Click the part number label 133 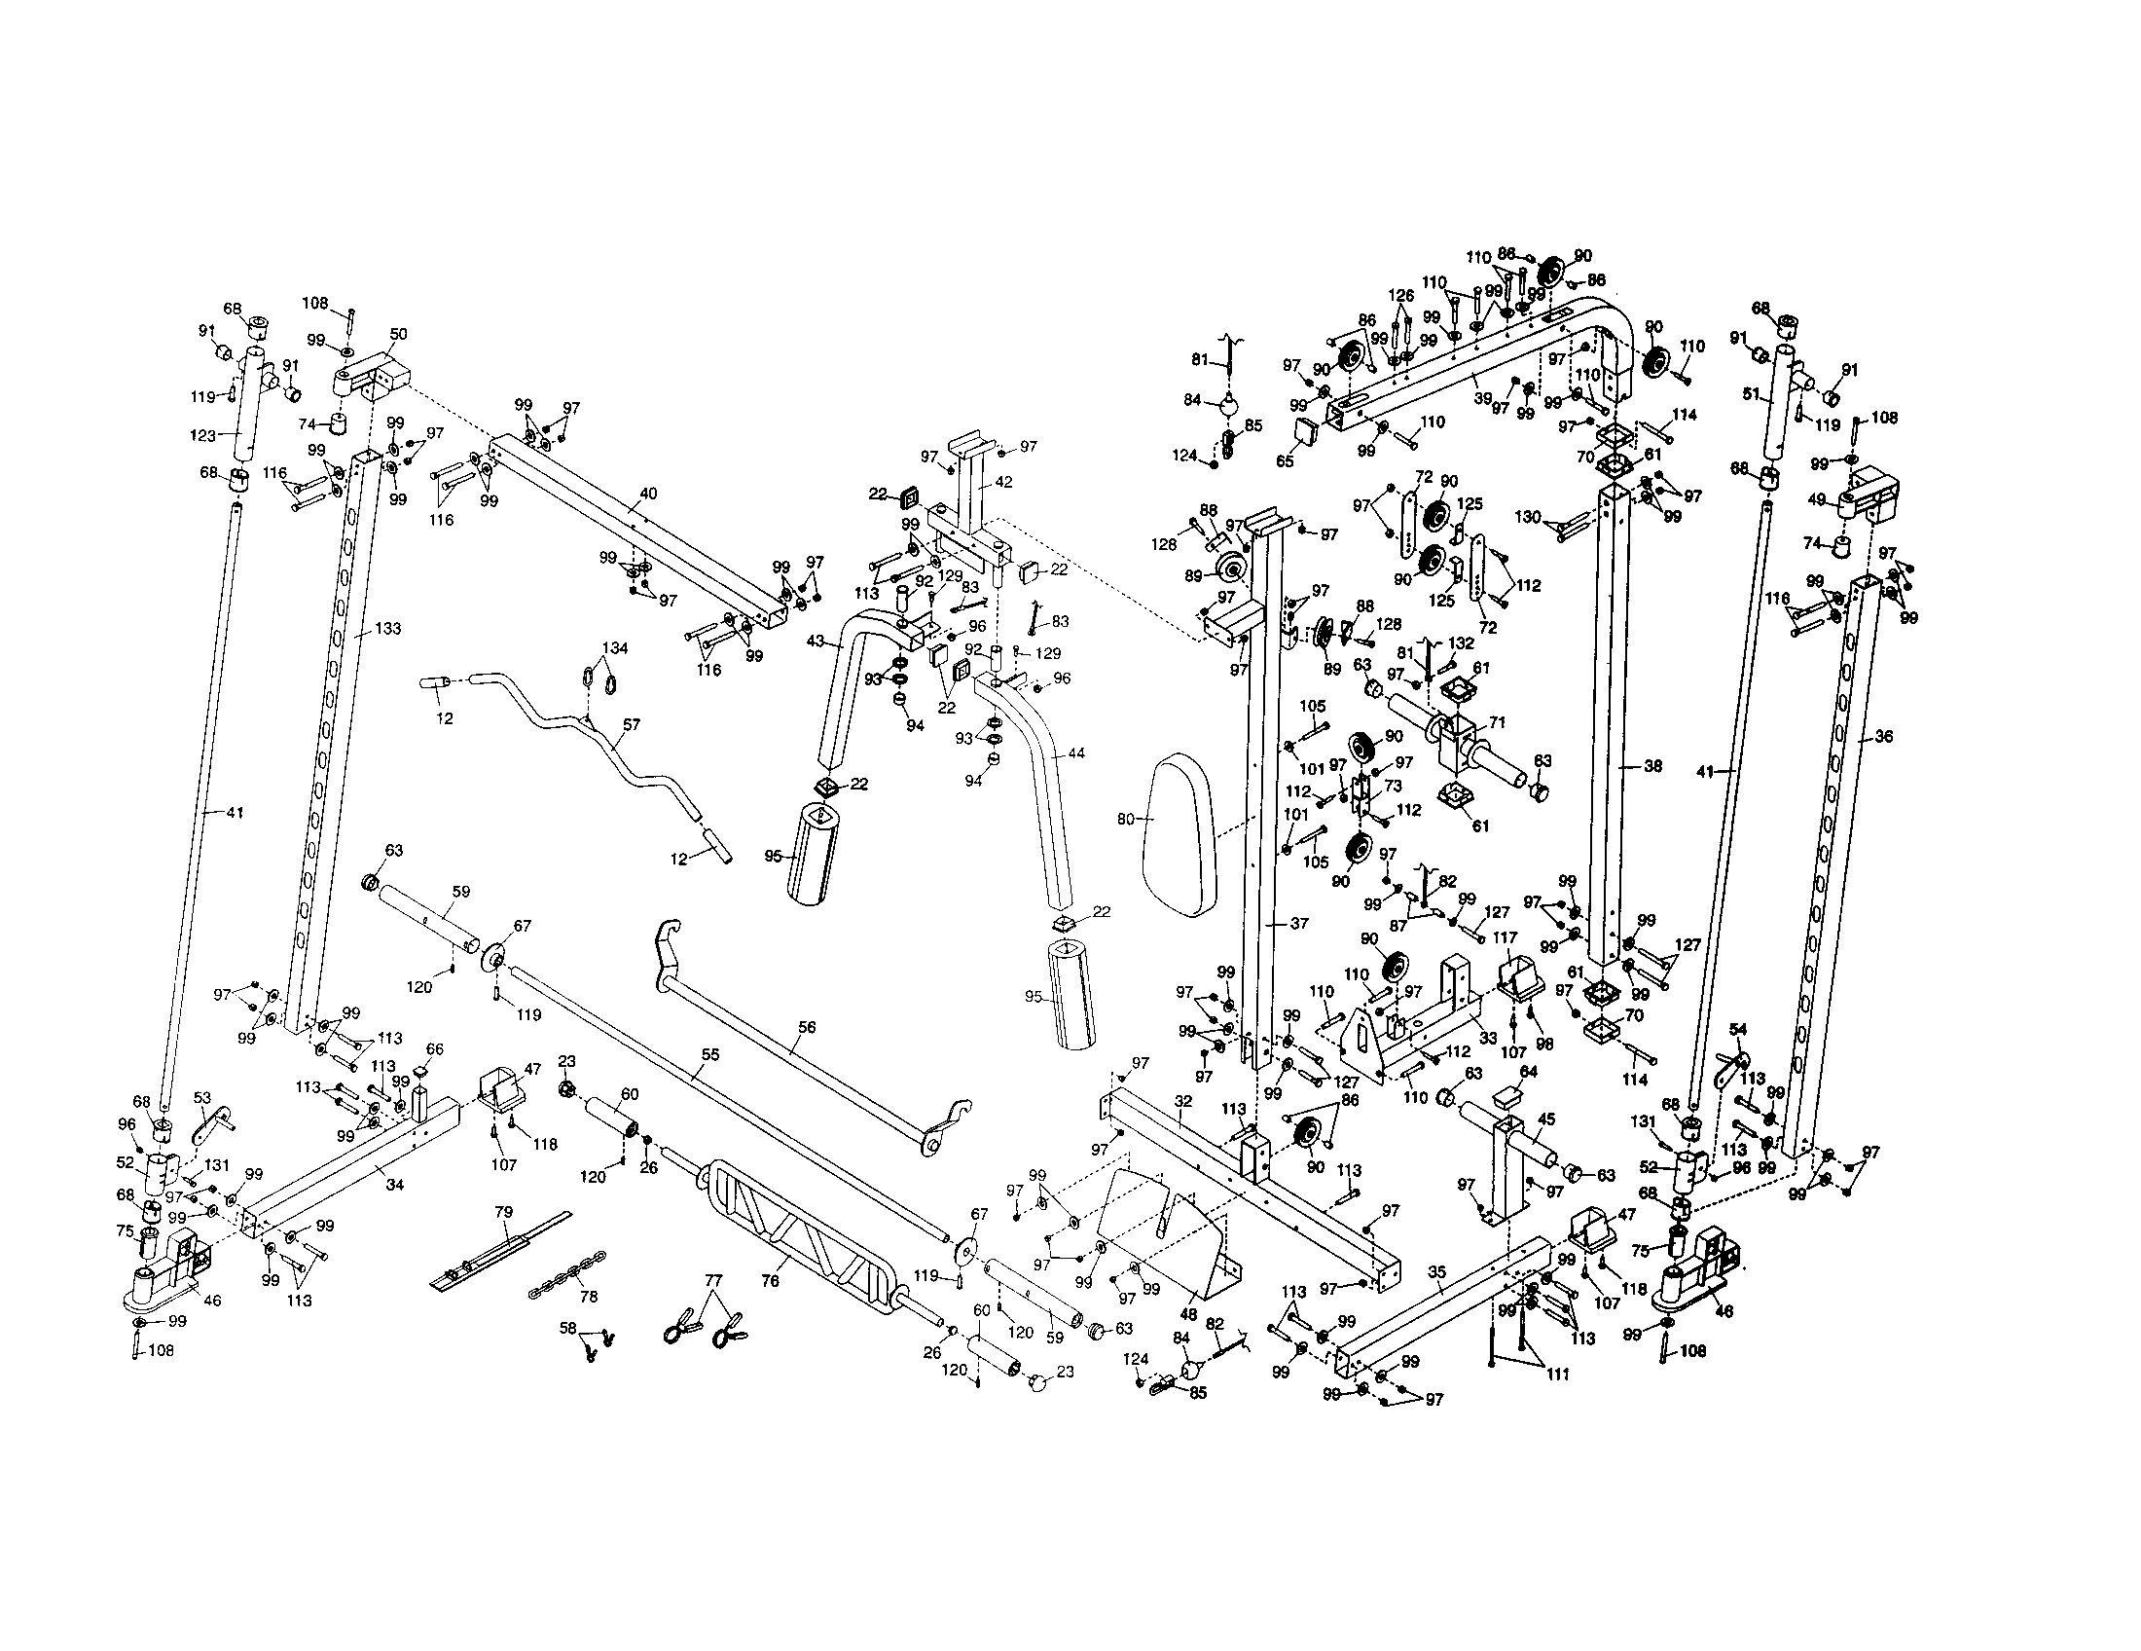[x=388, y=629]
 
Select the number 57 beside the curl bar [x=632, y=724]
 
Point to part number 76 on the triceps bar [x=771, y=1280]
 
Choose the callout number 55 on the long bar [x=709, y=1054]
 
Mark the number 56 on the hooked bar [x=807, y=1026]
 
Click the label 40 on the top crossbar [x=648, y=494]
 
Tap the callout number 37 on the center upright [x=1299, y=923]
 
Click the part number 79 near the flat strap [x=504, y=1213]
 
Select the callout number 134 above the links [x=615, y=648]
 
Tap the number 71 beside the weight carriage [x=1497, y=721]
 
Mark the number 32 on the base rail [x=1183, y=1101]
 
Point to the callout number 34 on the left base [x=394, y=1185]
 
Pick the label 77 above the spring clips [x=712, y=1280]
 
